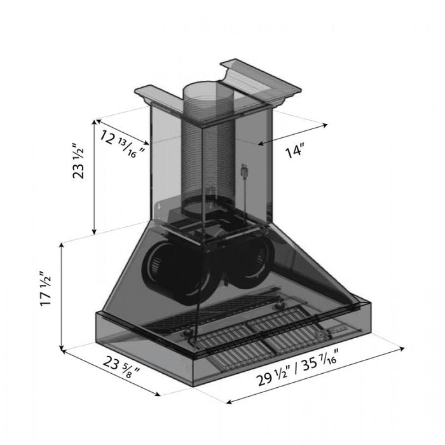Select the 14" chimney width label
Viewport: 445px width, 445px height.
tap(296, 151)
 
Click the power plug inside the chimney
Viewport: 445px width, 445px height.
tap(243, 172)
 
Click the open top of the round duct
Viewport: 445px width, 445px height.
tap(207, 91)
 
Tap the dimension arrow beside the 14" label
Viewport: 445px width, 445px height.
tap(293, 132)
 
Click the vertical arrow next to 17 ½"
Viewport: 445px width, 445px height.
tap(61, 296)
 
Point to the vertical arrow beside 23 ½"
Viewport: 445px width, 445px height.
tap(95, 175)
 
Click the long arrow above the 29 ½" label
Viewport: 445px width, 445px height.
tap(315, 375)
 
